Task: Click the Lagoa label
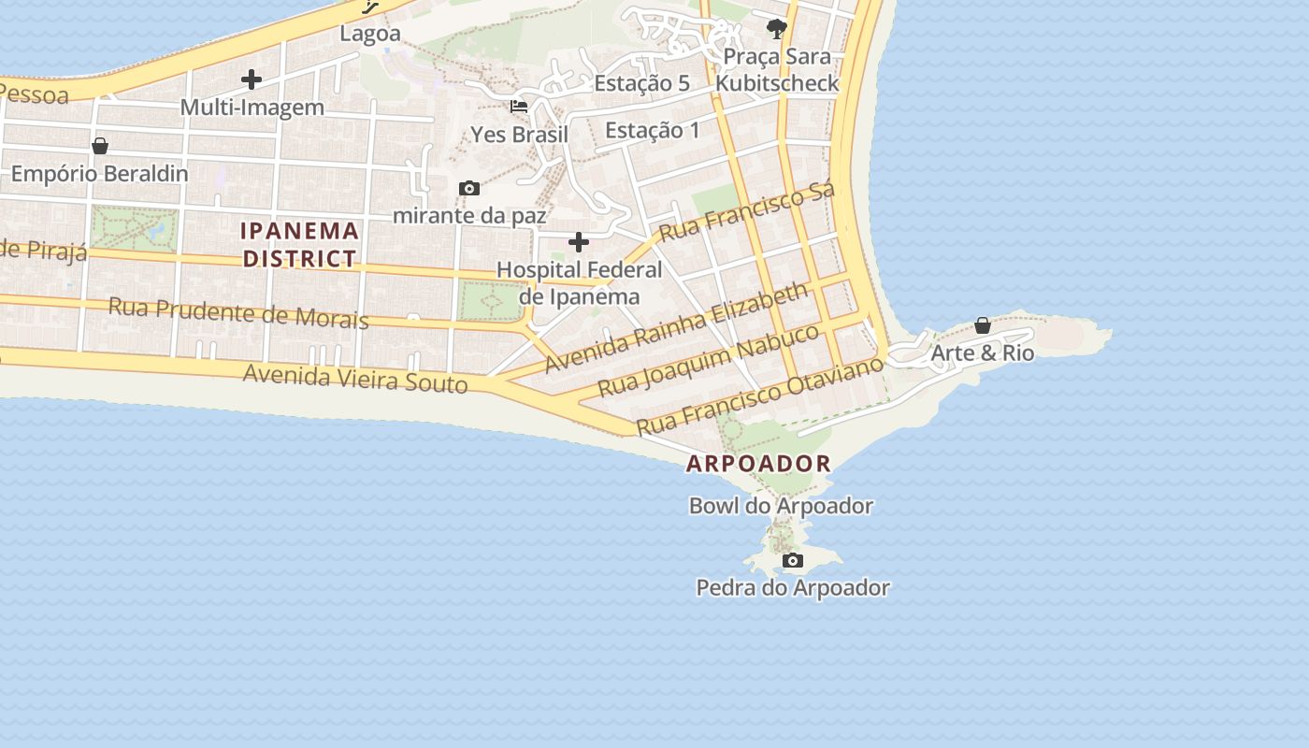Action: (x=370, y=34)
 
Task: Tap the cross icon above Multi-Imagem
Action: (x=252, y=79)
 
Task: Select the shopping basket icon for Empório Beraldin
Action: (x=100, y=146)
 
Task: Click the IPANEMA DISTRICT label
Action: (x=300, y=244)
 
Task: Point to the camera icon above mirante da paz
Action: (x=469, y=189)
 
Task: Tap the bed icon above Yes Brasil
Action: (x=519, y=107)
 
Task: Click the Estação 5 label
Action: (x=641, y=83)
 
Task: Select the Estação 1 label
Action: (x=652, y=130)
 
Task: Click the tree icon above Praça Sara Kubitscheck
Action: (x=776, y=29)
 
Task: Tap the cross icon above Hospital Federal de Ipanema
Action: (x=579, y=243)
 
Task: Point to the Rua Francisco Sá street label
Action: (x=745, y=212)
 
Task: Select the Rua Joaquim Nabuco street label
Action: (x=708, y=359)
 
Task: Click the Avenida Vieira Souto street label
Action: (x=355, y=378)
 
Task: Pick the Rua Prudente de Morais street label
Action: (x=238, y=312)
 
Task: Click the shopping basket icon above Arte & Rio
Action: (x=983, y=325)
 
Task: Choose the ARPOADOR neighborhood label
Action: (x=758, y=463)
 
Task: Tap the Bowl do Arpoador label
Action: (x=781, y=506)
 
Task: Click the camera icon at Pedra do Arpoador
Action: (x=793, y=561)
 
